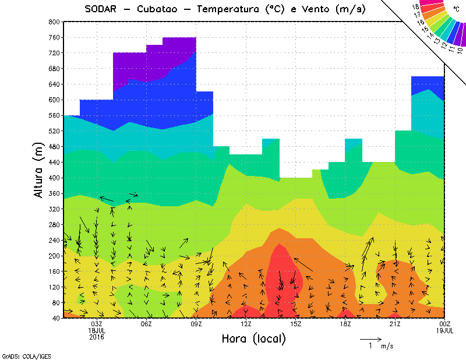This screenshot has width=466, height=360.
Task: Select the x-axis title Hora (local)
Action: point(253,338)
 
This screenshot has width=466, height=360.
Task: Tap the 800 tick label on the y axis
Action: point(54,22)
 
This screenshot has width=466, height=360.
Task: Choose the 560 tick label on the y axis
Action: point(54,115)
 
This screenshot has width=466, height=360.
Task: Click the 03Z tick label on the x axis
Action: point(97,324)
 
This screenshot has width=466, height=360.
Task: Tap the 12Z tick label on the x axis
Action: point(246,324)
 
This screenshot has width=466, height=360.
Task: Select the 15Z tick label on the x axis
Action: point(295,324)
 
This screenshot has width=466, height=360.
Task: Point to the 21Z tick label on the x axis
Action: point(395,324)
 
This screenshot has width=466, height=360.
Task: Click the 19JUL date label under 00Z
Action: point(445,330)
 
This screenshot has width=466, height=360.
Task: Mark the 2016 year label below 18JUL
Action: point(97,337)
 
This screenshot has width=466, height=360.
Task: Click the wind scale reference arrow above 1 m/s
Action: point(370,338)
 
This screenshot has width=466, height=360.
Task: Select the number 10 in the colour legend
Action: point(460,50)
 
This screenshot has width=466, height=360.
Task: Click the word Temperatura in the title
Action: point(228,9)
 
